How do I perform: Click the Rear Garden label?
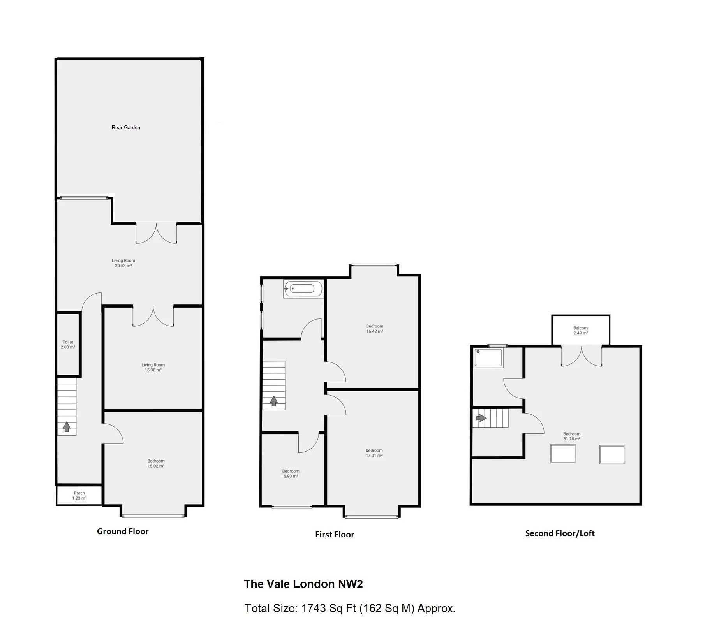pyautogui.click(x=125, y=127)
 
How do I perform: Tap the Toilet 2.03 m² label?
pyautogui.click(x=68, y=345)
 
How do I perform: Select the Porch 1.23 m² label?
pyautogui.click(x=79, y=495)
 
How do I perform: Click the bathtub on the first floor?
pyautogui.click(x=303, y=289)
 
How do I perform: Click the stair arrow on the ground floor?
pyautogui.click(x=67, y=426)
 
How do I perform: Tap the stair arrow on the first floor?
pyautogui.click(x=273, y=401)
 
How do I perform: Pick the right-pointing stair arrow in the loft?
pyautogui.click(x=481, y=418)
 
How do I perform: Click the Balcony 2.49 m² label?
pyautogui.click(x=580, y=330)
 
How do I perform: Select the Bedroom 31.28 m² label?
pyautogui.click(x=571, y=436)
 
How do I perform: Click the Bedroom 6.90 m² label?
pyautogui.click(x=291, y=473)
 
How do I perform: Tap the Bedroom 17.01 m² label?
pyautogui.click(x=374, y=453)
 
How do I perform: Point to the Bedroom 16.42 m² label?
pyautogui.click(x=374, y=329)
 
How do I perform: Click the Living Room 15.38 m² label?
pyautogui.click(x=153, y=367)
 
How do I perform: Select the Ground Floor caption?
pyautogui.click(x=123, y=531)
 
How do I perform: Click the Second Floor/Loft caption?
pyautogui.click(x=560, y=533)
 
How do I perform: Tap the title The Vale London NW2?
pyautogui.click(x=303, y=584)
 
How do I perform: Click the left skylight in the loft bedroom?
pyautogui.click(x=562, y=454)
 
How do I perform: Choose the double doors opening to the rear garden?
pyautogui.click(x=156, y=234)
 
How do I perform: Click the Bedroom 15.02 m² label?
pyautogui.click(x=156, y=463)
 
